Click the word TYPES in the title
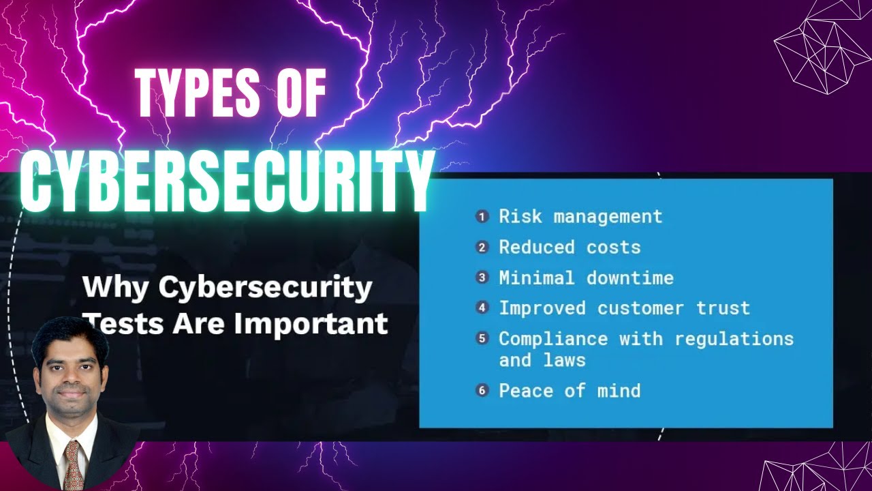click(198, 93)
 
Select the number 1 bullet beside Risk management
click(482, 217)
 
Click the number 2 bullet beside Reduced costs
click(482, 248)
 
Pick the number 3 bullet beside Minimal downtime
click(482, 278)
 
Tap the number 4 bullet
click(482, 308)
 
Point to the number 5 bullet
click(482, 338)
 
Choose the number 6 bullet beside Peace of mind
click(482, 391)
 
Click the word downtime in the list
click(629, 278)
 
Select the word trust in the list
click(723, 308)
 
